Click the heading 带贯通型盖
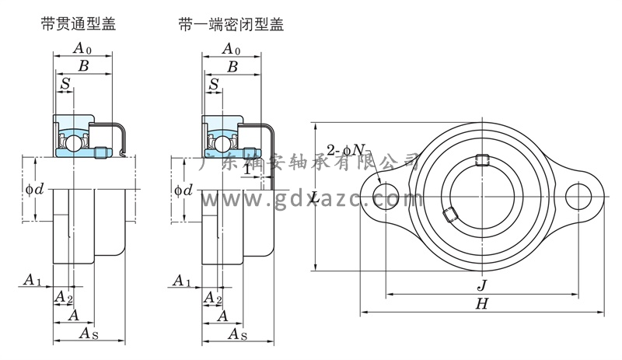(x=78, y=25)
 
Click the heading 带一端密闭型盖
(x=231, y=25)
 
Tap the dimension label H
(x=481, y=305)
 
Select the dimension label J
(x=482, y=285)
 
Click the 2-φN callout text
(x=347, y=149)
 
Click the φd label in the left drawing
(x=31, y=189)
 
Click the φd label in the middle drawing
(x=183, y=189)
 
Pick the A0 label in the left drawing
(x=82, y=48)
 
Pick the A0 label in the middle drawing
(x=231, y=48)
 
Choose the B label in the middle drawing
(x=232, y=67)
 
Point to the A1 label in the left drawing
(x=31, y=279)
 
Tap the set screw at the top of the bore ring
(x=482, y=161)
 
